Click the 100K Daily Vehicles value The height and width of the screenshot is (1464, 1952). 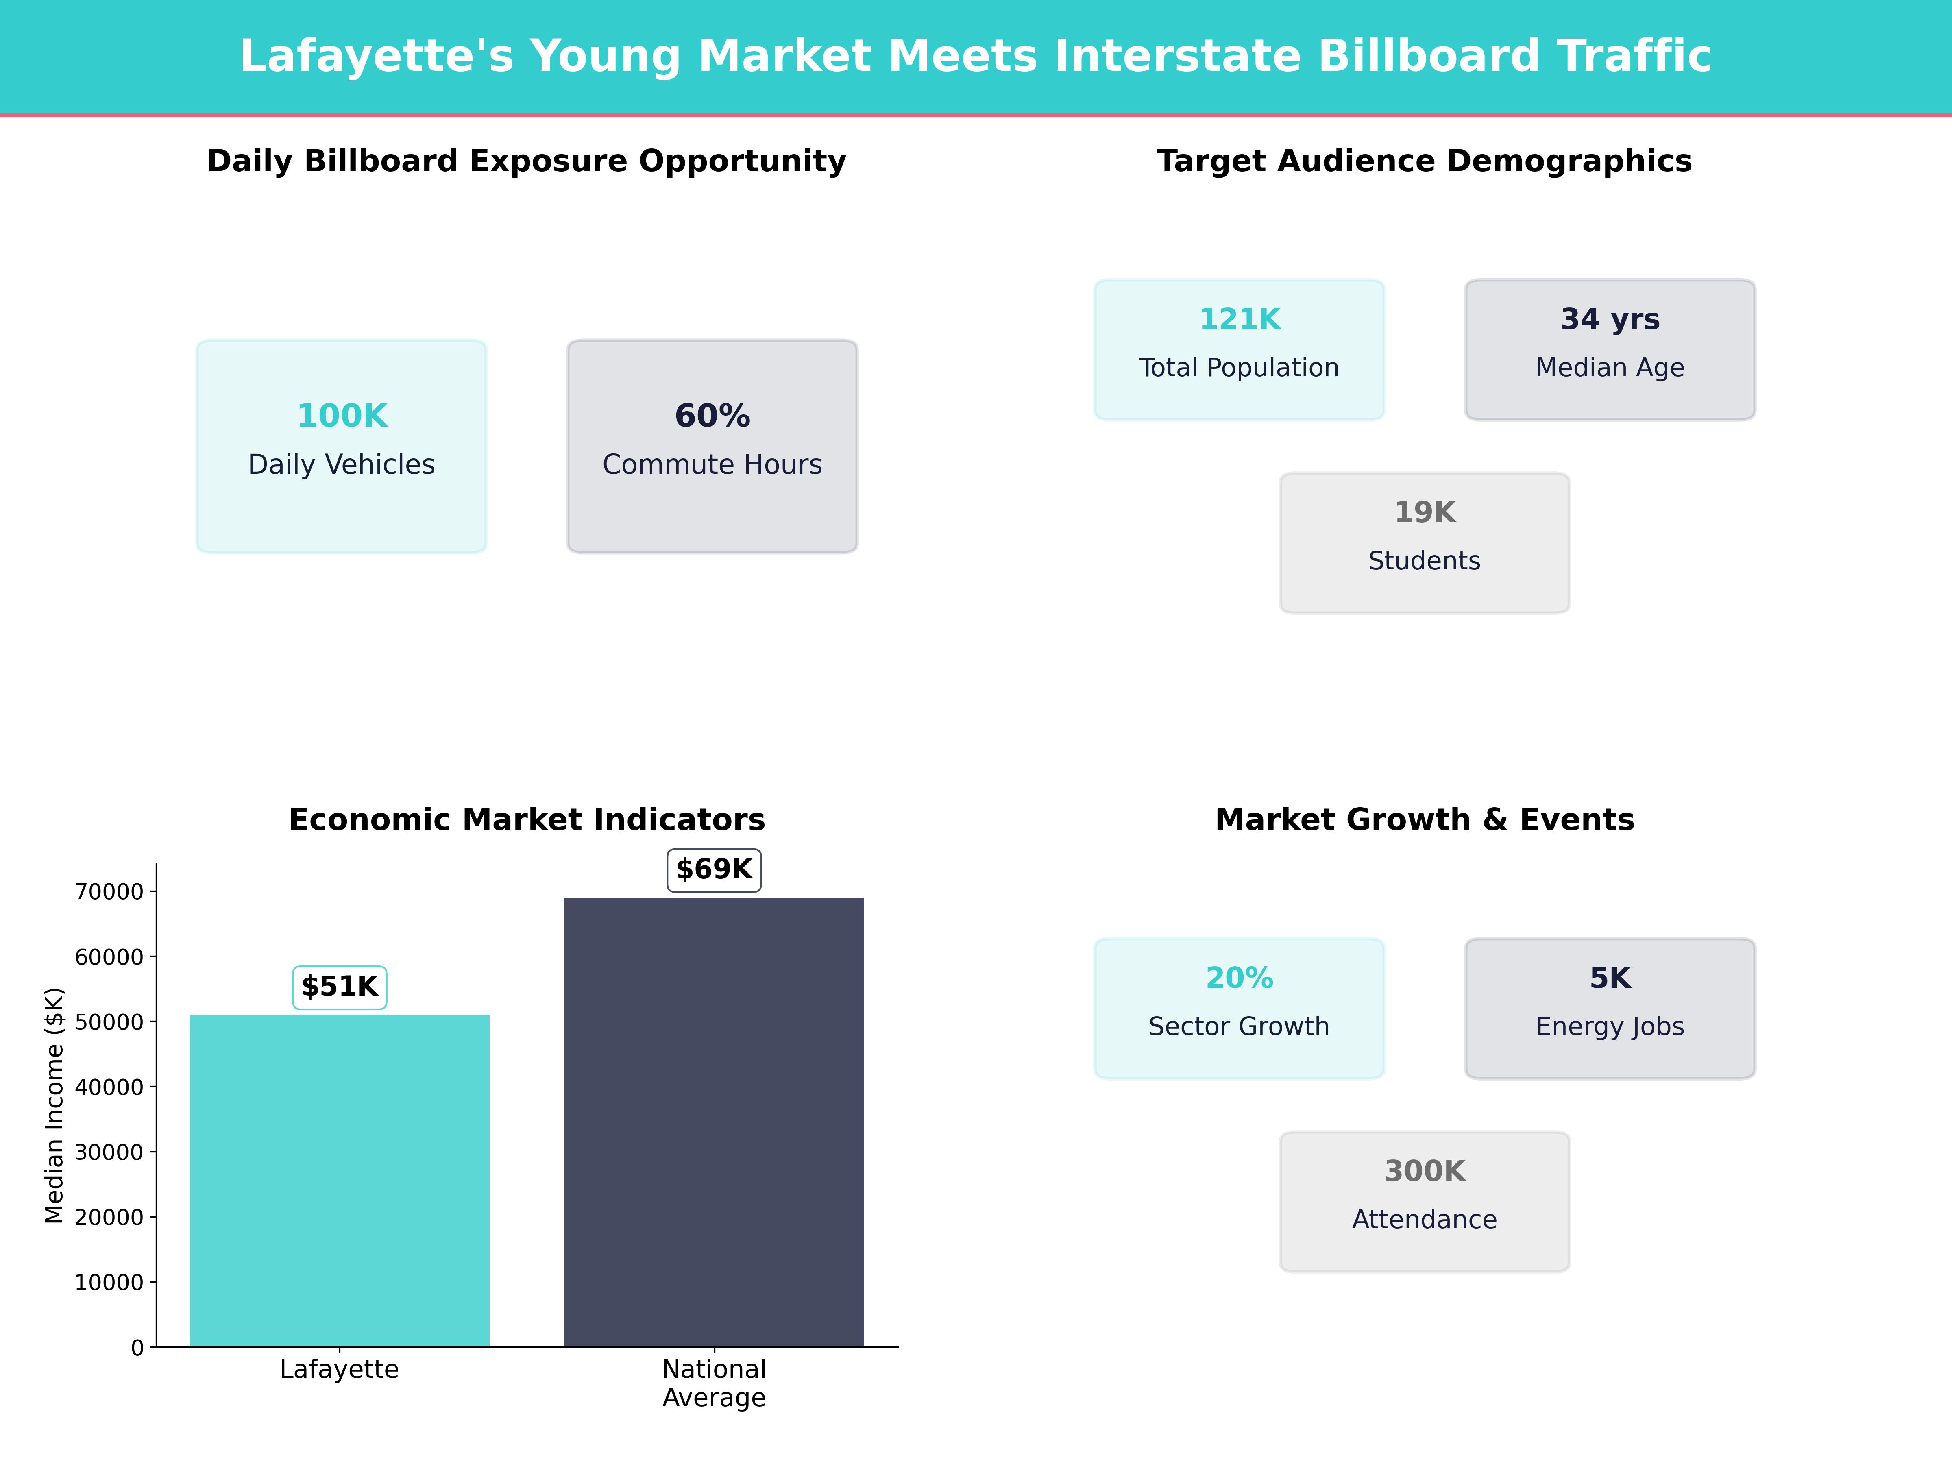coord(342,416)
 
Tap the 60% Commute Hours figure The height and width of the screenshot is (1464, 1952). coord(712,416)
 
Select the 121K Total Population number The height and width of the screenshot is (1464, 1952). coord(1239,320)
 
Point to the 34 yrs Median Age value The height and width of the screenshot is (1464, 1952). coord(1610,320)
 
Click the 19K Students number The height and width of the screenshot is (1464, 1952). coord(1424,513)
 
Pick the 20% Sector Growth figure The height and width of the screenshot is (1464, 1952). coord(1239,978)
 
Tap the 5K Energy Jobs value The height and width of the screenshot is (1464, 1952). coord(1610,978)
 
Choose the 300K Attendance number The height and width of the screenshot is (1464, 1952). coord(1424,1171)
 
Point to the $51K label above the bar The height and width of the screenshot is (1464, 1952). coord(340,987)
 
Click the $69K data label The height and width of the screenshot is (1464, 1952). coord(714,869)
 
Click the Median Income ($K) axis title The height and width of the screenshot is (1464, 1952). coord(55,1106)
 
